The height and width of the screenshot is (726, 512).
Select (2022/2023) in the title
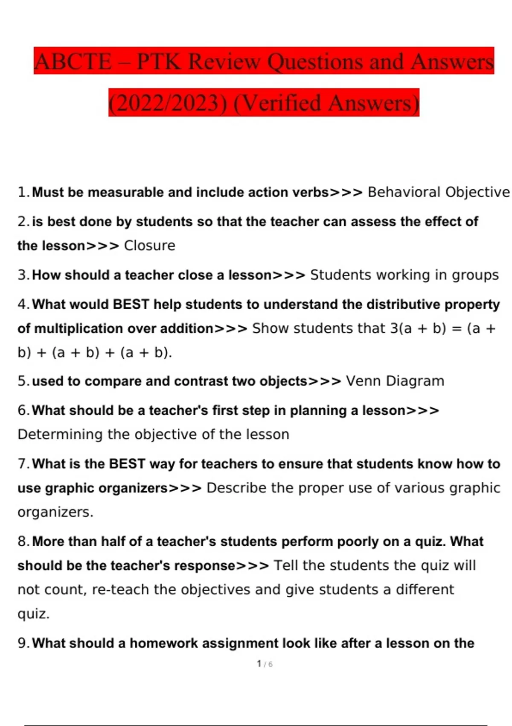coord(168,103)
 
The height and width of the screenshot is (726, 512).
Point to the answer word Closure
coord(149,246)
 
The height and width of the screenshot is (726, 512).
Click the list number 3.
coord(23,275)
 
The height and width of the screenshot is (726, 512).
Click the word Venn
coord(364,381)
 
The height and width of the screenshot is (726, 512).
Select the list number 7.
coord(23,464)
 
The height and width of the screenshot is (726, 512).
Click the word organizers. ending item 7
coord(55,512)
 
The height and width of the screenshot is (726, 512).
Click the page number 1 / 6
coord(265,664)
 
